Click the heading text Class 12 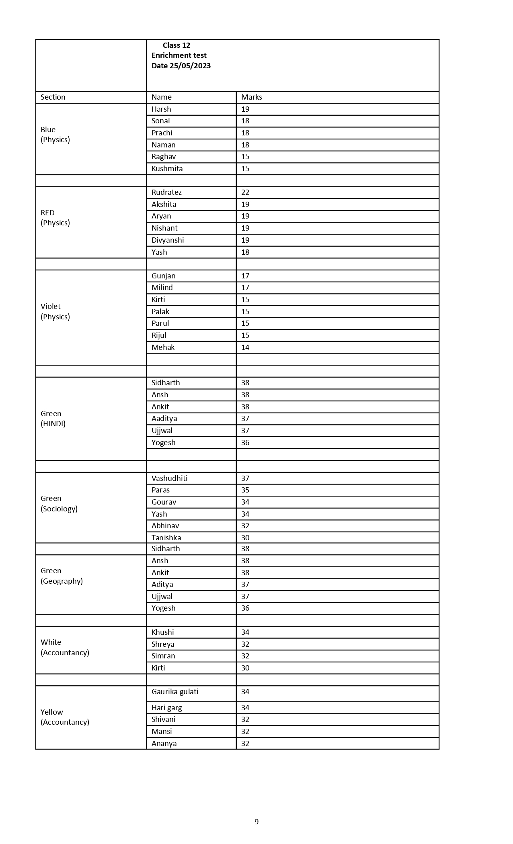click(176, 45)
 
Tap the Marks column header click(251, 97)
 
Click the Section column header click(53, 97)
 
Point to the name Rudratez click(166, 192)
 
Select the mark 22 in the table click(245, 192)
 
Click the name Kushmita click(167, 169)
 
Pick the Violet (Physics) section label click(55, 312)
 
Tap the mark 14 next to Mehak click(245, 347)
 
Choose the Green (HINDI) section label click(53, 419)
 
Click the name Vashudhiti click(169, 478)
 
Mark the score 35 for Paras click(245, 490)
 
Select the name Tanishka click(166, 538)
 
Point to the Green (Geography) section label click(62, 576)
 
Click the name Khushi click(162, 632)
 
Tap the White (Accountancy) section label click(65, 648)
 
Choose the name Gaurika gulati click(175, 692)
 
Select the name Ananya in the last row click(164, 744)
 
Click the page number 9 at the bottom click(256, 822)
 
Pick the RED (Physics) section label click(55, 218)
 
